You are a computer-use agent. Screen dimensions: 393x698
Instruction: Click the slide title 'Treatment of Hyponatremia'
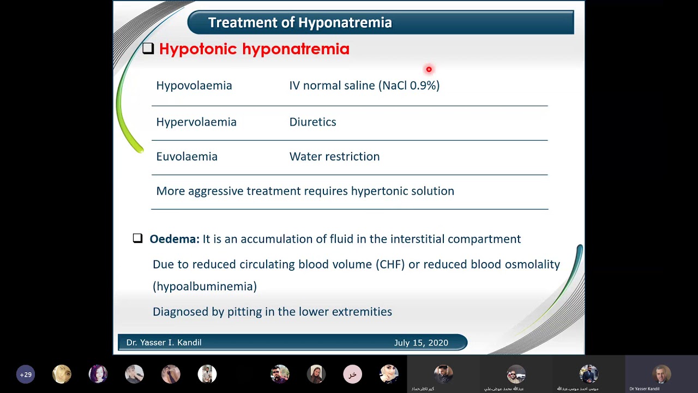point(300,22)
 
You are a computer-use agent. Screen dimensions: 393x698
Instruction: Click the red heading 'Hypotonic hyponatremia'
point(254,49)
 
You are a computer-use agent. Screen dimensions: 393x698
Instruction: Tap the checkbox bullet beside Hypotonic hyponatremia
point(148,49)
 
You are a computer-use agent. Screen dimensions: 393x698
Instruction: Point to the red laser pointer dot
point(429,69)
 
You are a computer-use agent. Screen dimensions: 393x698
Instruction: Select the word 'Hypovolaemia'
point(194,86)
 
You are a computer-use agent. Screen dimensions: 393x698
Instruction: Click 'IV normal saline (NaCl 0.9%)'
point(364,86)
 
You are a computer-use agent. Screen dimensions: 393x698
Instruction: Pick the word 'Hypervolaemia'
point(196,122)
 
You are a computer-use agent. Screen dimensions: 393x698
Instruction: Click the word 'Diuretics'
point(312,122)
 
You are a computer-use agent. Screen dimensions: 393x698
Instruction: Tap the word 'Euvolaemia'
point(186,157)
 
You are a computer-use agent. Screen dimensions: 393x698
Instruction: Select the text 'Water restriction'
point(334,157)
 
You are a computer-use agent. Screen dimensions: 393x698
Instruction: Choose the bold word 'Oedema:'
point(174,239)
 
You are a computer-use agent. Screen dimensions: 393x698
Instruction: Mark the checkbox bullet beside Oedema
point(137,239)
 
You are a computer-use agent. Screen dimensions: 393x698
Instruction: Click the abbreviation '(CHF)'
point(390,264)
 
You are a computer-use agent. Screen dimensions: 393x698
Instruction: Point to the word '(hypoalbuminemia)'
point(204,287)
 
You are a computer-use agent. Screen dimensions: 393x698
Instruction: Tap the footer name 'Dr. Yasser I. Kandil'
point(164,342)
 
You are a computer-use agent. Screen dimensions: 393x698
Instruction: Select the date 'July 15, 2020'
point(421,342)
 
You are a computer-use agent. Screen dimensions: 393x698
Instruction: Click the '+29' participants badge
point(26,374)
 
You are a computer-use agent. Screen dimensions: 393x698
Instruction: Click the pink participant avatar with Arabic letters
point(352,374)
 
